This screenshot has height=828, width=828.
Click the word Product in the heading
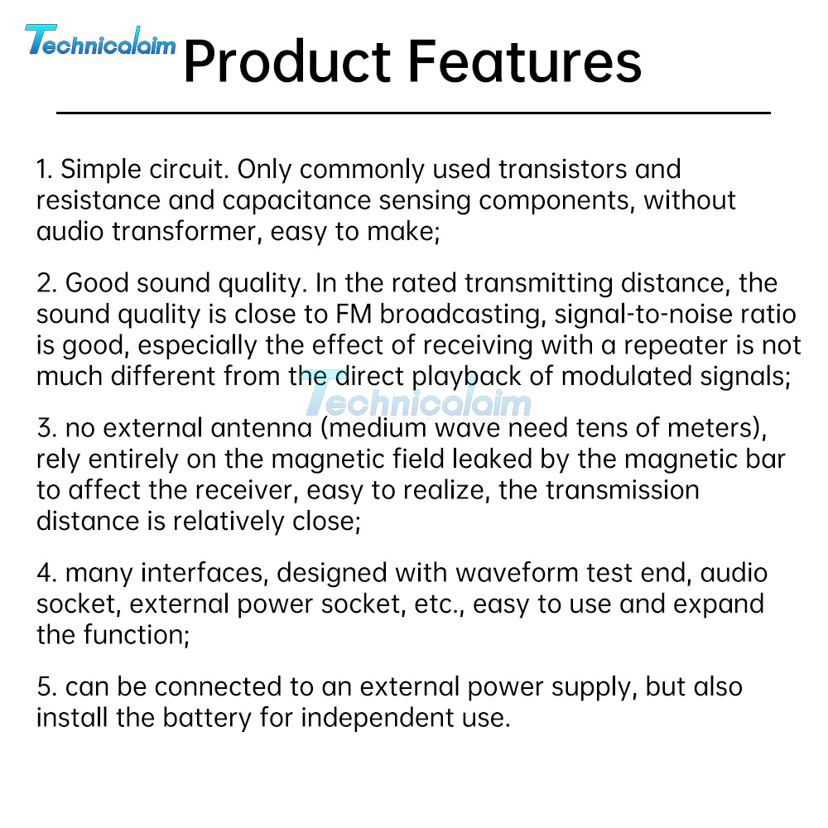coord(286,61)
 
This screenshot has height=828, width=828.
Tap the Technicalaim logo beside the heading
coord(100,41)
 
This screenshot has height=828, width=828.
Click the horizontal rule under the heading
coord(413,113)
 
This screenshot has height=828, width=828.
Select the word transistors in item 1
coord(562,169)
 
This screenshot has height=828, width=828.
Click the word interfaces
coord(202,573)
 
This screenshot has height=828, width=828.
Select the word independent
coord(377,718)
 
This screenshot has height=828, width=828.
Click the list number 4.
coord(46,573)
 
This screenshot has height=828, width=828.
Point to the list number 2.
coord(46,283)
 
